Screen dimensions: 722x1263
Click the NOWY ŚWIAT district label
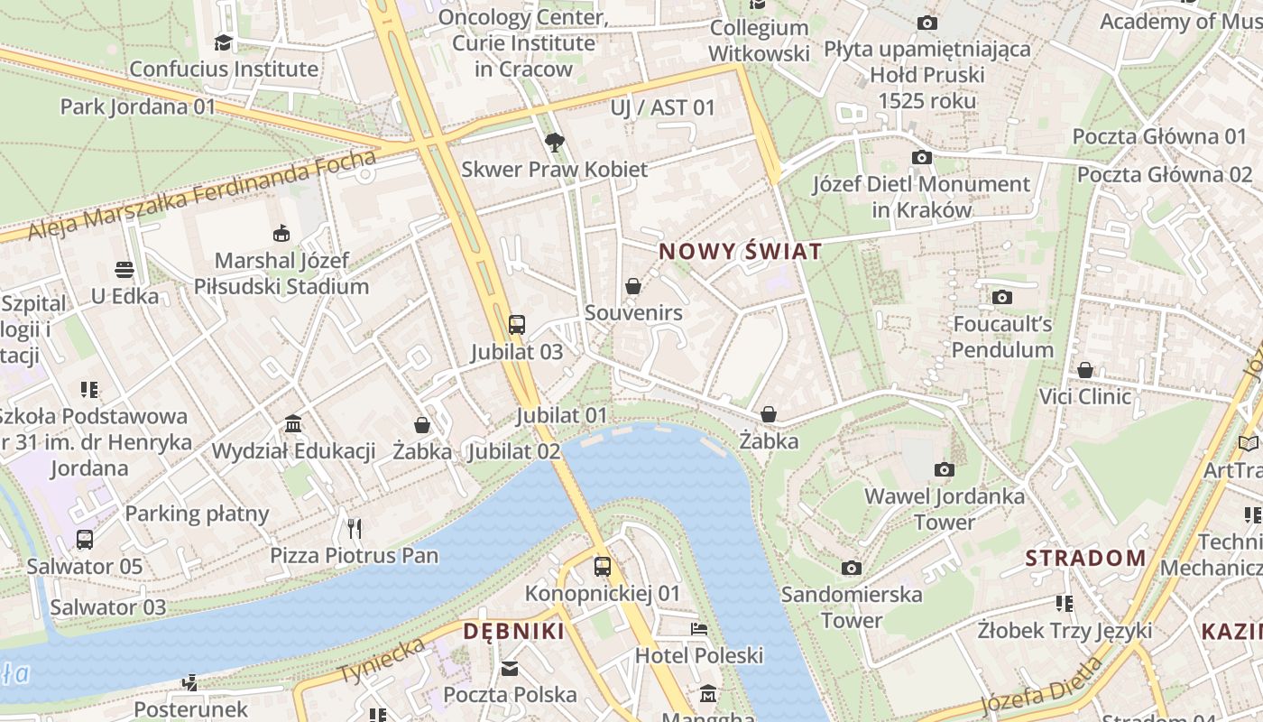point(741,251)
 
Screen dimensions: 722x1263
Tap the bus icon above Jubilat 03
point(517,325)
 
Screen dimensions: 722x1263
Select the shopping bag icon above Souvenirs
point(634,286)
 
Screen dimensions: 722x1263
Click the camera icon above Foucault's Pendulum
point(1001,297)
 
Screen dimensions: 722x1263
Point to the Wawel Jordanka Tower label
point(945,509)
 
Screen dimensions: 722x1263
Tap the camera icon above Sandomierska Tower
point(851,568)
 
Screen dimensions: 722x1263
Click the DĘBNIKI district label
point(513,631)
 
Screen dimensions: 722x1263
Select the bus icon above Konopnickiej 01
point(603,567)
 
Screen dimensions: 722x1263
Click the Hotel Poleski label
point(699,655)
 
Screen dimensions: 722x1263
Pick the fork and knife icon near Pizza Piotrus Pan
point(355,528)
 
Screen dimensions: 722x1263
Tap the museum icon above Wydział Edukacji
point(293,424)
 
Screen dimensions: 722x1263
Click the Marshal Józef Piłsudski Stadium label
point(281,273)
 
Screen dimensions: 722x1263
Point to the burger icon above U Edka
point(124,269)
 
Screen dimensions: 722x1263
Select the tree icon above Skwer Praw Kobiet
point(555,142)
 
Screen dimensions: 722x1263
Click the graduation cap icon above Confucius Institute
point(223,42)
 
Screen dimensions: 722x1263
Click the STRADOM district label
point(1085,558)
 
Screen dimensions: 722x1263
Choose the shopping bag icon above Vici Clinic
point(1085,370)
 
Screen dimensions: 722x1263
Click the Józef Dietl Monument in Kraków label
point(921,197)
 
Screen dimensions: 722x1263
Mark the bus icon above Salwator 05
point(84,540)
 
